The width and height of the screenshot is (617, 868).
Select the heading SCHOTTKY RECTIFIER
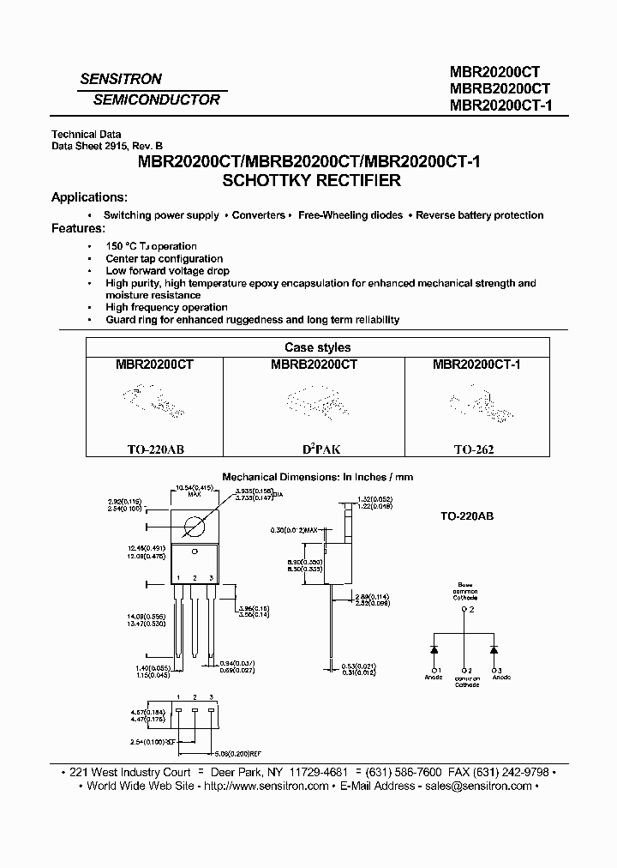coord(312,181)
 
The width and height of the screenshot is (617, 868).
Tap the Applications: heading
coord(89,197)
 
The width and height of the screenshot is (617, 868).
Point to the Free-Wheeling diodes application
coord(350,215)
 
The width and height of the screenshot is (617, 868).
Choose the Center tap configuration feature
coord(165,258)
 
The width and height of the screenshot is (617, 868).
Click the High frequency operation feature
coord(166,307)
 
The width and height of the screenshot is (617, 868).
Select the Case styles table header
coord(317,347)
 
